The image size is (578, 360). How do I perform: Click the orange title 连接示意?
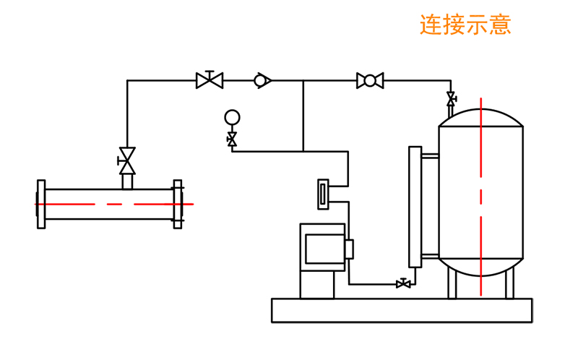pyautogui.click(x=465, y=25)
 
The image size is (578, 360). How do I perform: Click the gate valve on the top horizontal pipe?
pyautogui.click(x=210, y=80)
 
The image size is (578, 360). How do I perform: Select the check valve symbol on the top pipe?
pyautogui.click(x=262, y=80)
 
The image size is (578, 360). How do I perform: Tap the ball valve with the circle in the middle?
pyautogui.click(x=370, y=80)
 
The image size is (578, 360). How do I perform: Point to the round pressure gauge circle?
pyautogui.click(x=232, y=117)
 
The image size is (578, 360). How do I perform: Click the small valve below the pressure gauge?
pyautogui.click(x=232, y=139)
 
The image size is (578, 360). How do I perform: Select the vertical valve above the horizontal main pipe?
pyautogui.click(x=127, y=160)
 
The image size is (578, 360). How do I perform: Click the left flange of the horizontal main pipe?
pyautogui.click(x=41, y=205)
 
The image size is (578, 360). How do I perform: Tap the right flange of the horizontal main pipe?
pyautogui.click(x=178, y=205)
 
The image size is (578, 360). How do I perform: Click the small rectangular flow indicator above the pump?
pyautogui.click(x=323, y=194)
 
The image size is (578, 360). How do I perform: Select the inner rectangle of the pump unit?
pyautogui.click(x=324, y=249)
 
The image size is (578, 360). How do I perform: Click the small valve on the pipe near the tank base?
pyautogui.click(x=403, y=284)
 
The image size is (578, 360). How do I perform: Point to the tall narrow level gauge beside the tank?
pyautogui.click(x=415, y=207)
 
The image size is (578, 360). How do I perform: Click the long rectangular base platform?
pyautogui.click(x=402, y=310)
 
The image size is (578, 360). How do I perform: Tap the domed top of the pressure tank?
pyautogui.click(x=480, y=117)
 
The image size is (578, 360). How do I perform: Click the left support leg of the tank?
pyautogui.click(x=452, y=284)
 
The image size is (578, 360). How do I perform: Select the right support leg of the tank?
pyautogui.click(x=509, y=284)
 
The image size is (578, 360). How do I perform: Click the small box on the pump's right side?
pyautogui.click(x=349, y=249)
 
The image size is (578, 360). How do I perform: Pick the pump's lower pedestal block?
pyautogui.click(x=317, y=284)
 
